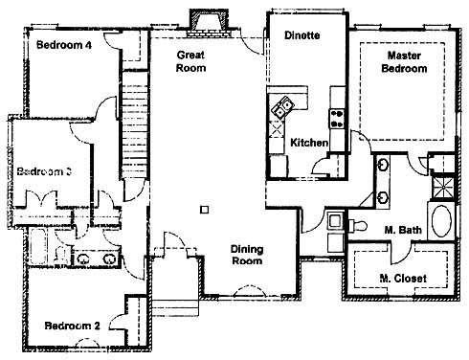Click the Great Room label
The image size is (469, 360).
coord(190,61)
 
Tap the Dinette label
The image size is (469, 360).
coord(302,35)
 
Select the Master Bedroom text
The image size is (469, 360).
coord(404,62)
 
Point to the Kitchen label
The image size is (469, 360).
coord(309,143)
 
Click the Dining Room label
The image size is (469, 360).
coord(247,255)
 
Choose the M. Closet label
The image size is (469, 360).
coord(403,279)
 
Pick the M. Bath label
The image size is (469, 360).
coord(403,230)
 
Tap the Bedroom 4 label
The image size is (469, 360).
coord(64,45)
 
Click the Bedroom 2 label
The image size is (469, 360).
coord(72,326)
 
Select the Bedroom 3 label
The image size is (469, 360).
coord(44,171)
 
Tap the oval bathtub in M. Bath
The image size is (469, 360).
coord(441,221)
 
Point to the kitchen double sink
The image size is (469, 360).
coord(281,107)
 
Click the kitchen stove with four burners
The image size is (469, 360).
coord(337,119)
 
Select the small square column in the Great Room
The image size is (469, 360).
coord(205,210)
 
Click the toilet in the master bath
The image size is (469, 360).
coord(357,225)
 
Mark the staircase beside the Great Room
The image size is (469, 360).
coord(135,125)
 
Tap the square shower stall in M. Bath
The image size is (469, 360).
coord(442,188)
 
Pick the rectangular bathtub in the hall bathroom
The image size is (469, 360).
coord(38,246)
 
